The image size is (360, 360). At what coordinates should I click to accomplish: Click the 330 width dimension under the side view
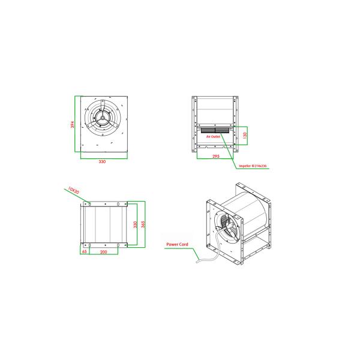pos(103,162)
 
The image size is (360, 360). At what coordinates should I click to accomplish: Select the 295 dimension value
pos(215,156)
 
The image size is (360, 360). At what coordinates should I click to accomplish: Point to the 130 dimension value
pos(245,136)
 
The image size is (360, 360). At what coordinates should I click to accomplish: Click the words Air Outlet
pos(214,137)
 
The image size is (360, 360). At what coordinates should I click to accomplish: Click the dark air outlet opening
pos(214,130)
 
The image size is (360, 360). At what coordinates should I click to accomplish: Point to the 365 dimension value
pos(143,223)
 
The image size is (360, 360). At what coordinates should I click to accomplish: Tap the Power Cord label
pos(178,245)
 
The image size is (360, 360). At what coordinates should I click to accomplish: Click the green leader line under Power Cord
pos(180,249)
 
